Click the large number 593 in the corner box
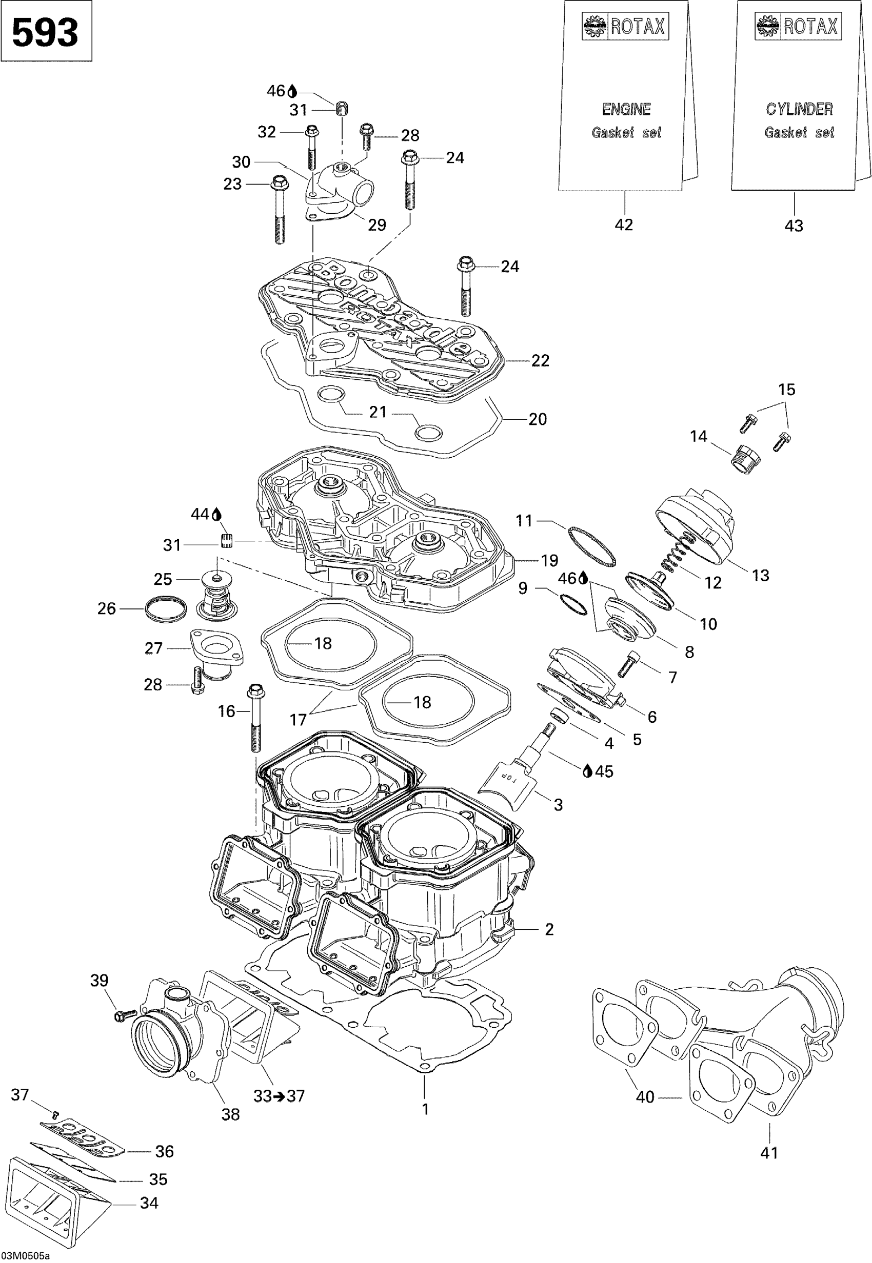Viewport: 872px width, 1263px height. (45, 33)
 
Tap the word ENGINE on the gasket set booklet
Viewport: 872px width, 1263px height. (626, 109)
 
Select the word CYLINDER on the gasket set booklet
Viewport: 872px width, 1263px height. (799, 109)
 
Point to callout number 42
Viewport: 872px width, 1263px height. (623, 225)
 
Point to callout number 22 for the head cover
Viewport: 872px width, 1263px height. (540, 360)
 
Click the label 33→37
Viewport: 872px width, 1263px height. (279, 1095)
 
